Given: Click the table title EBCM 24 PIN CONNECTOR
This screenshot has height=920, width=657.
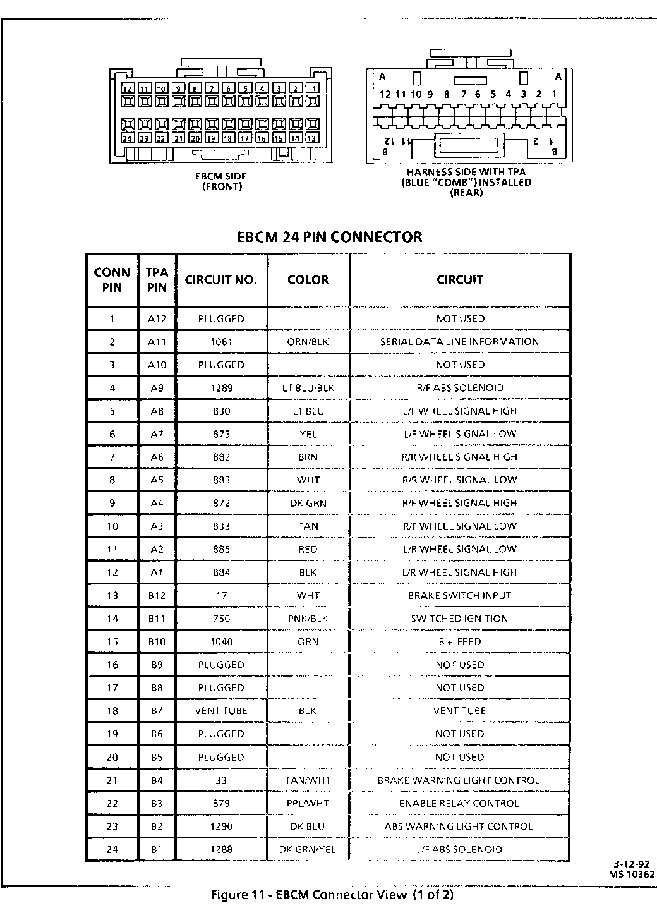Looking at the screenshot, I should coord(329,237).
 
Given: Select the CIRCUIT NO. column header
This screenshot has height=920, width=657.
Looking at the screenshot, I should coord(221,280).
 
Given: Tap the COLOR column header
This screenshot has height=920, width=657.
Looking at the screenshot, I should coord(308,280).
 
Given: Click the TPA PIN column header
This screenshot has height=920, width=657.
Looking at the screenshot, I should coord(157,280).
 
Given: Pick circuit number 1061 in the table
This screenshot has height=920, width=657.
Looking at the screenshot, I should coord(221,342).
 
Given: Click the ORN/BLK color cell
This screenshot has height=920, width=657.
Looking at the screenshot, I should coord(308,342).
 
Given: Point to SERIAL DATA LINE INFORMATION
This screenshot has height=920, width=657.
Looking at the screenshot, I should coord(459,342).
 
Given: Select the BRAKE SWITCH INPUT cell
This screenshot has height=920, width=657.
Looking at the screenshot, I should coord(459,595).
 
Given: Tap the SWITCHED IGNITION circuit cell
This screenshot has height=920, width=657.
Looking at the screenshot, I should coord(459,619).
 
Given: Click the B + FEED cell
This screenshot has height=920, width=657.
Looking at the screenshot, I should coord(459,641).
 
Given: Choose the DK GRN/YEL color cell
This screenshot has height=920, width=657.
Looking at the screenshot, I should coord(308,849).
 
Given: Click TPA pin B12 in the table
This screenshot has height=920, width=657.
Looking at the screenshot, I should coord(157,595).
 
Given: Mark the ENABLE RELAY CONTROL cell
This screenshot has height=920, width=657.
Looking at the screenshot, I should coord(459,803).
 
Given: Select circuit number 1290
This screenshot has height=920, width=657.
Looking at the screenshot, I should coord(221,826).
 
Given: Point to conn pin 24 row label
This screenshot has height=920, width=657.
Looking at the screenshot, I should coord(112,849).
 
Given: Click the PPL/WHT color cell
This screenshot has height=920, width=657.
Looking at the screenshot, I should coord(308,803).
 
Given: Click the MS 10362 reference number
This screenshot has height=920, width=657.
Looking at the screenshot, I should coord(632,875).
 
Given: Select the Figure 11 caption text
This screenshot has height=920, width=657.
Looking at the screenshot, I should coord(332,895).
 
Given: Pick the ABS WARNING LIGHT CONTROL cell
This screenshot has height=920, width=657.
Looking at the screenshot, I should coord(459,826).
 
